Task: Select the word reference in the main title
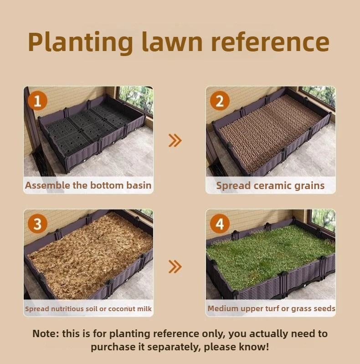tap(270, 42)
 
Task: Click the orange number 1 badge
tap(37, 101)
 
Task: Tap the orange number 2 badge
tap(220, 101)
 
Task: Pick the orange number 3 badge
tap(37, 224)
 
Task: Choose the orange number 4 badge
tap(220, 224)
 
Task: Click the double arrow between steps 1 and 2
tap(175, 140)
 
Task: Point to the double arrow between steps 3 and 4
tap(175, 267)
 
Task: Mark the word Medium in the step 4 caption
tap(223, 308)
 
